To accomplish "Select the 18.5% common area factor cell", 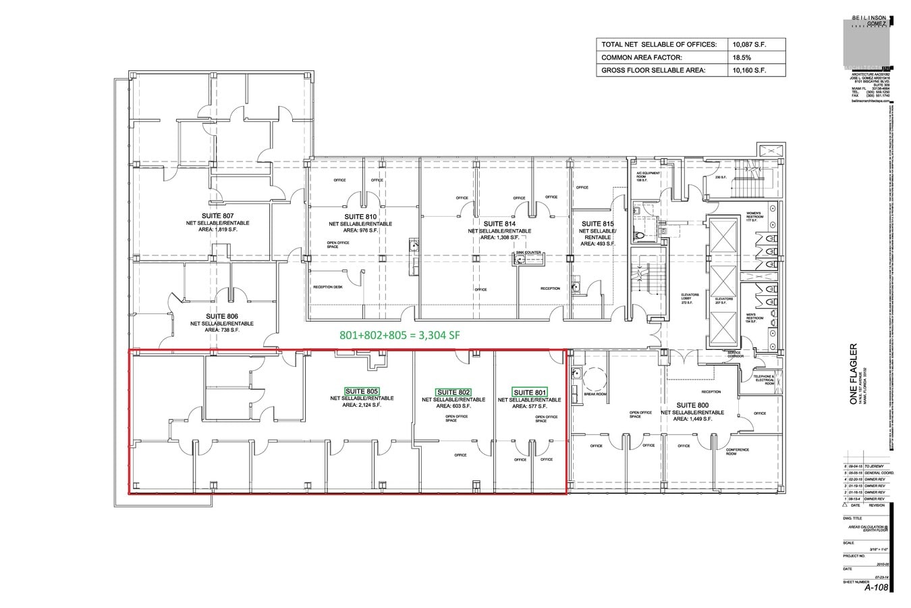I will coord(742,57).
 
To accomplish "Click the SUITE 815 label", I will coord(598,224).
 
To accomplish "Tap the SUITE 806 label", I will coord(222,316).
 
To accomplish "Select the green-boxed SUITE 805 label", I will coord(362,392).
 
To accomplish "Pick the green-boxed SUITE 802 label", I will coord(453,392).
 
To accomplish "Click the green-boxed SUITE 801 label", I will coord(530,392).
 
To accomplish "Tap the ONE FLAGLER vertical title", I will coord(854,375).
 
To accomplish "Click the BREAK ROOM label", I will coord(595,394).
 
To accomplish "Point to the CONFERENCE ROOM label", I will coord(738,451).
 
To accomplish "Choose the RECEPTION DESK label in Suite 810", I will coord(328,287).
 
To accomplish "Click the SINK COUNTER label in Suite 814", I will coord(528,253).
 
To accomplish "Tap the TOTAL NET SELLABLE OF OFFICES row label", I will coord(658,45).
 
